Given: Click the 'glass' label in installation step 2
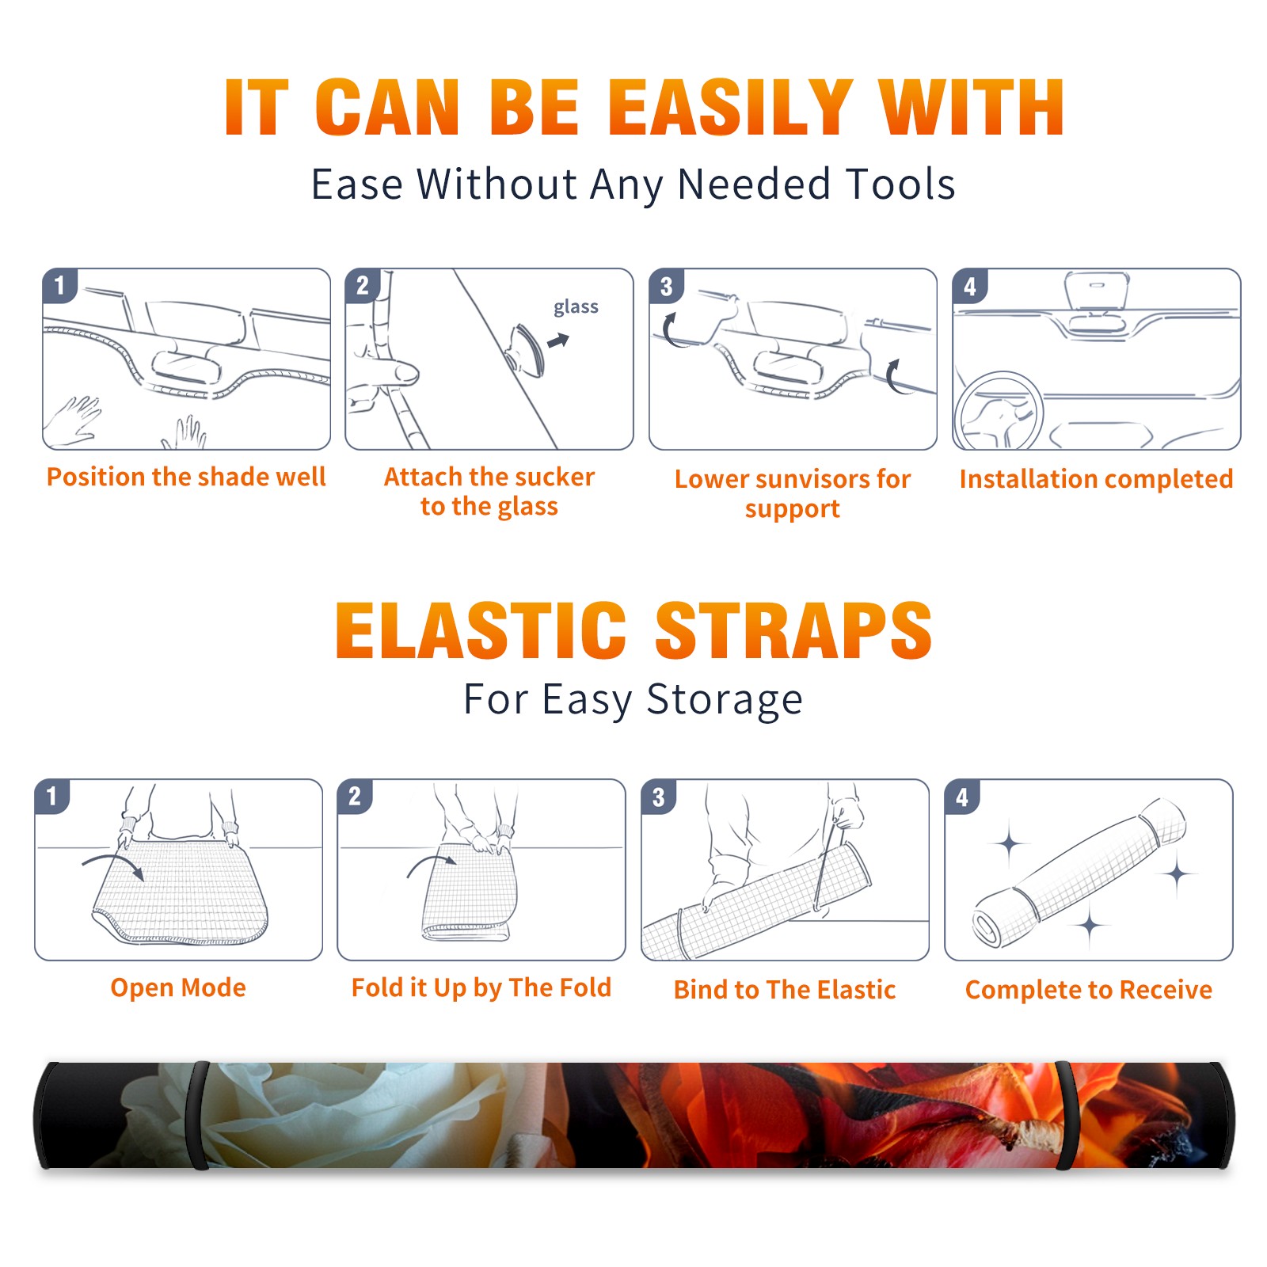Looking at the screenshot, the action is pyautogui.click(x=576, y=307).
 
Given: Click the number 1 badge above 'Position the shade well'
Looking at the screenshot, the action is pyautogui.click(x=59, y=285).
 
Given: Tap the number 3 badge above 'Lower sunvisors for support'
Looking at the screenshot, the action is pyautogui.click(x=666, y=285).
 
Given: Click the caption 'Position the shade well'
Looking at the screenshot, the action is pyautogui.click(x=186, y=477).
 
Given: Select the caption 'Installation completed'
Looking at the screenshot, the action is pyautogui.click(x=1096, y=478).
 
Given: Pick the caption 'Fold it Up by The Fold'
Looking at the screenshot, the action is pyautogui.click(x=481, y=987).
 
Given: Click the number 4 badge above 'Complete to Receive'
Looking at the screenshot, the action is pyautogui.click(x=962, y=796).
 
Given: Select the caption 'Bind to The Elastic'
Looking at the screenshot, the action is pyautogui.click(x=785, y=989).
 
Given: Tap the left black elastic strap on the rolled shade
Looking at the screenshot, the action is pyautogui.click(x=197, y=1115).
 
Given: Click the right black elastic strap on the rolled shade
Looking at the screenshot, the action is pyautogui.click(x=1067, y=1115).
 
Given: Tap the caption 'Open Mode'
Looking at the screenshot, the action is pyautogui.click(x=178, y=987).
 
